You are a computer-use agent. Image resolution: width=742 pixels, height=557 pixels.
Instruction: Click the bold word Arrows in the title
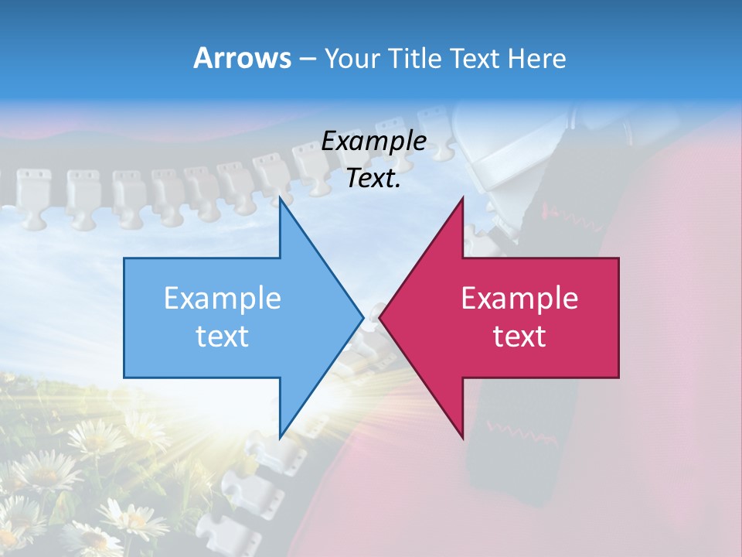(x=243, y=58)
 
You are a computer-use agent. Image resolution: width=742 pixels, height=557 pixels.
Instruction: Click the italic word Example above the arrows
(x=374, y=141)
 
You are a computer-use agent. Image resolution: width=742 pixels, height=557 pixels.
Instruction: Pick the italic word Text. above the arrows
(x=374, y=178)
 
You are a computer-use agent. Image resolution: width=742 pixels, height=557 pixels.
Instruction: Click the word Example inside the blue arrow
(x=223, y=298)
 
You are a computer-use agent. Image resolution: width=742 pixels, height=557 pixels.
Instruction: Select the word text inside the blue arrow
(x=223, y=336)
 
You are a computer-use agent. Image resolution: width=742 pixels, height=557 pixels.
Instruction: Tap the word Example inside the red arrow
(x=519, y=298)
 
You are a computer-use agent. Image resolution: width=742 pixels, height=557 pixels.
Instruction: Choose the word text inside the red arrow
(x=519, y=336)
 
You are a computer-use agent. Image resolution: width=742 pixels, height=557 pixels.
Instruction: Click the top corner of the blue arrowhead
(x=281, y=199)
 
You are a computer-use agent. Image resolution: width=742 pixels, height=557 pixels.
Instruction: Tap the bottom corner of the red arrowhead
(x=462, y=436)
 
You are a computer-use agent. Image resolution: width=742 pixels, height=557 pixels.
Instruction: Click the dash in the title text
(x=306, y=59)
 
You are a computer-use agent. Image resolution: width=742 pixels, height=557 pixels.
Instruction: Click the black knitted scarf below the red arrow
(x=502, y=449)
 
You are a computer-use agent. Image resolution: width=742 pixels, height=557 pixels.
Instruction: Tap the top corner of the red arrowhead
(x=462, y=199)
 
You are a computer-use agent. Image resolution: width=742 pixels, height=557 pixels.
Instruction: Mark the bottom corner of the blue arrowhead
(x=281, y=436)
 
